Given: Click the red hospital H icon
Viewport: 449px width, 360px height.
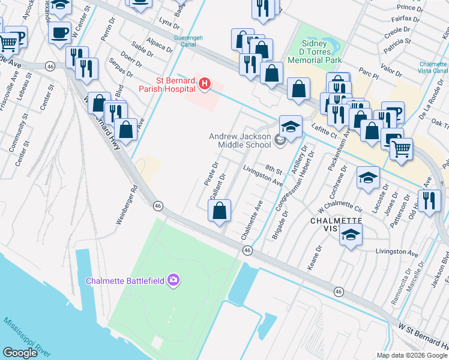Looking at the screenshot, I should tap(205, 84).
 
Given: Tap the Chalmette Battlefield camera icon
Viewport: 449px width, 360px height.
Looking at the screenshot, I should tap(174, 280).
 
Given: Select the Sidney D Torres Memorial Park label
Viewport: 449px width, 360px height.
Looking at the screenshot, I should tap(315, 52).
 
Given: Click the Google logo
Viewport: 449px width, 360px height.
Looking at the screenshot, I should tap(20, 353).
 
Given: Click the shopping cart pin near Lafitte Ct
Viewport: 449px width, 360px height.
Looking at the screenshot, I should tap(400, 148).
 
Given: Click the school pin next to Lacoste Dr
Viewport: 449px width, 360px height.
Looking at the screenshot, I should tap(368, 177).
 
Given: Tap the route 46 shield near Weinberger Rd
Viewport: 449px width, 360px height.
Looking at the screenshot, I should tap(158, 205).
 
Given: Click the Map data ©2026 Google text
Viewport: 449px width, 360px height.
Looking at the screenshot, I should tap(412, 355).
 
